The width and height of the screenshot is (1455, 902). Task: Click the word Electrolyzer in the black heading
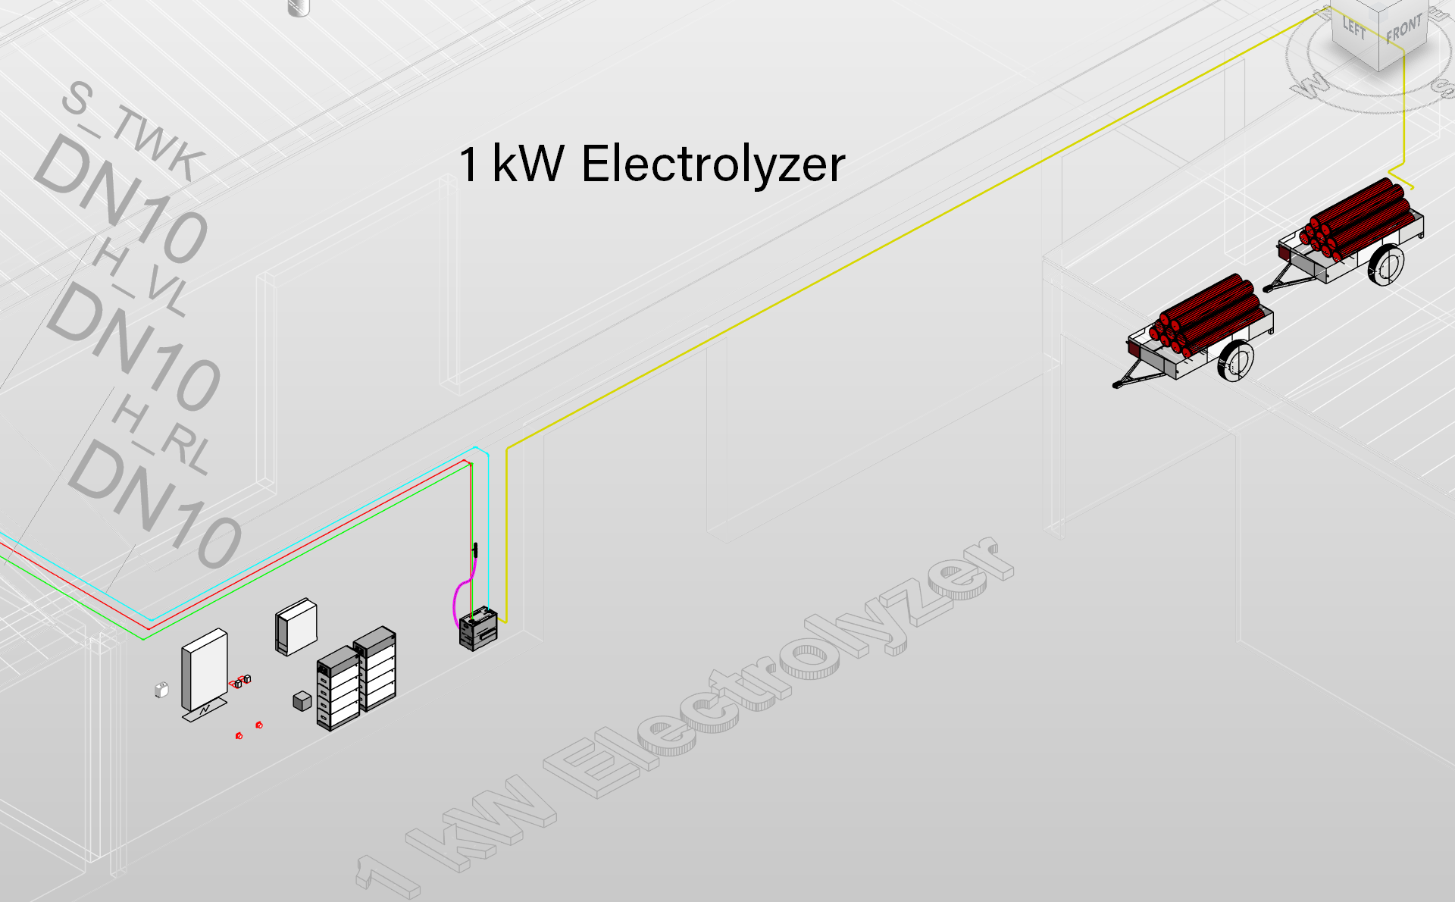coord(713,165)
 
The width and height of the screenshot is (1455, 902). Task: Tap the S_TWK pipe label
coord(133,131)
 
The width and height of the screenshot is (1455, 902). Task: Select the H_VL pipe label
coord(140,277)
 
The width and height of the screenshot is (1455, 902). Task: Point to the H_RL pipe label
coord(161,434)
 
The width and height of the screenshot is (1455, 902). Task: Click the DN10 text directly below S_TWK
coord(121,199)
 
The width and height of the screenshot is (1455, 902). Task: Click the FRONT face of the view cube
coord(1403,30)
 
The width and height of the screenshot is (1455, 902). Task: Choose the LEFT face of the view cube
coord(1354,29)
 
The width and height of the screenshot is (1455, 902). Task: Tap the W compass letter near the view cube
coord(1310,84)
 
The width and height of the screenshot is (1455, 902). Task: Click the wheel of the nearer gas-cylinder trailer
coord(1235,361)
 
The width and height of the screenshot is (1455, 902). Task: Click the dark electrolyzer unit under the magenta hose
coord(478,628)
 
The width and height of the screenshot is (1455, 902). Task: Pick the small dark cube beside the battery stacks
coord(302,701)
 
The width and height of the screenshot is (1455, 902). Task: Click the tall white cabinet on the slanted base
coord(205,670)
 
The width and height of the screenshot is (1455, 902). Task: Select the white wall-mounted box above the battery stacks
coord(296,627)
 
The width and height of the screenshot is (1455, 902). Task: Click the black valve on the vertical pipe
coord(475,550)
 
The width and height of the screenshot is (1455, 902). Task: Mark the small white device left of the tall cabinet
coord(161,690)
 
